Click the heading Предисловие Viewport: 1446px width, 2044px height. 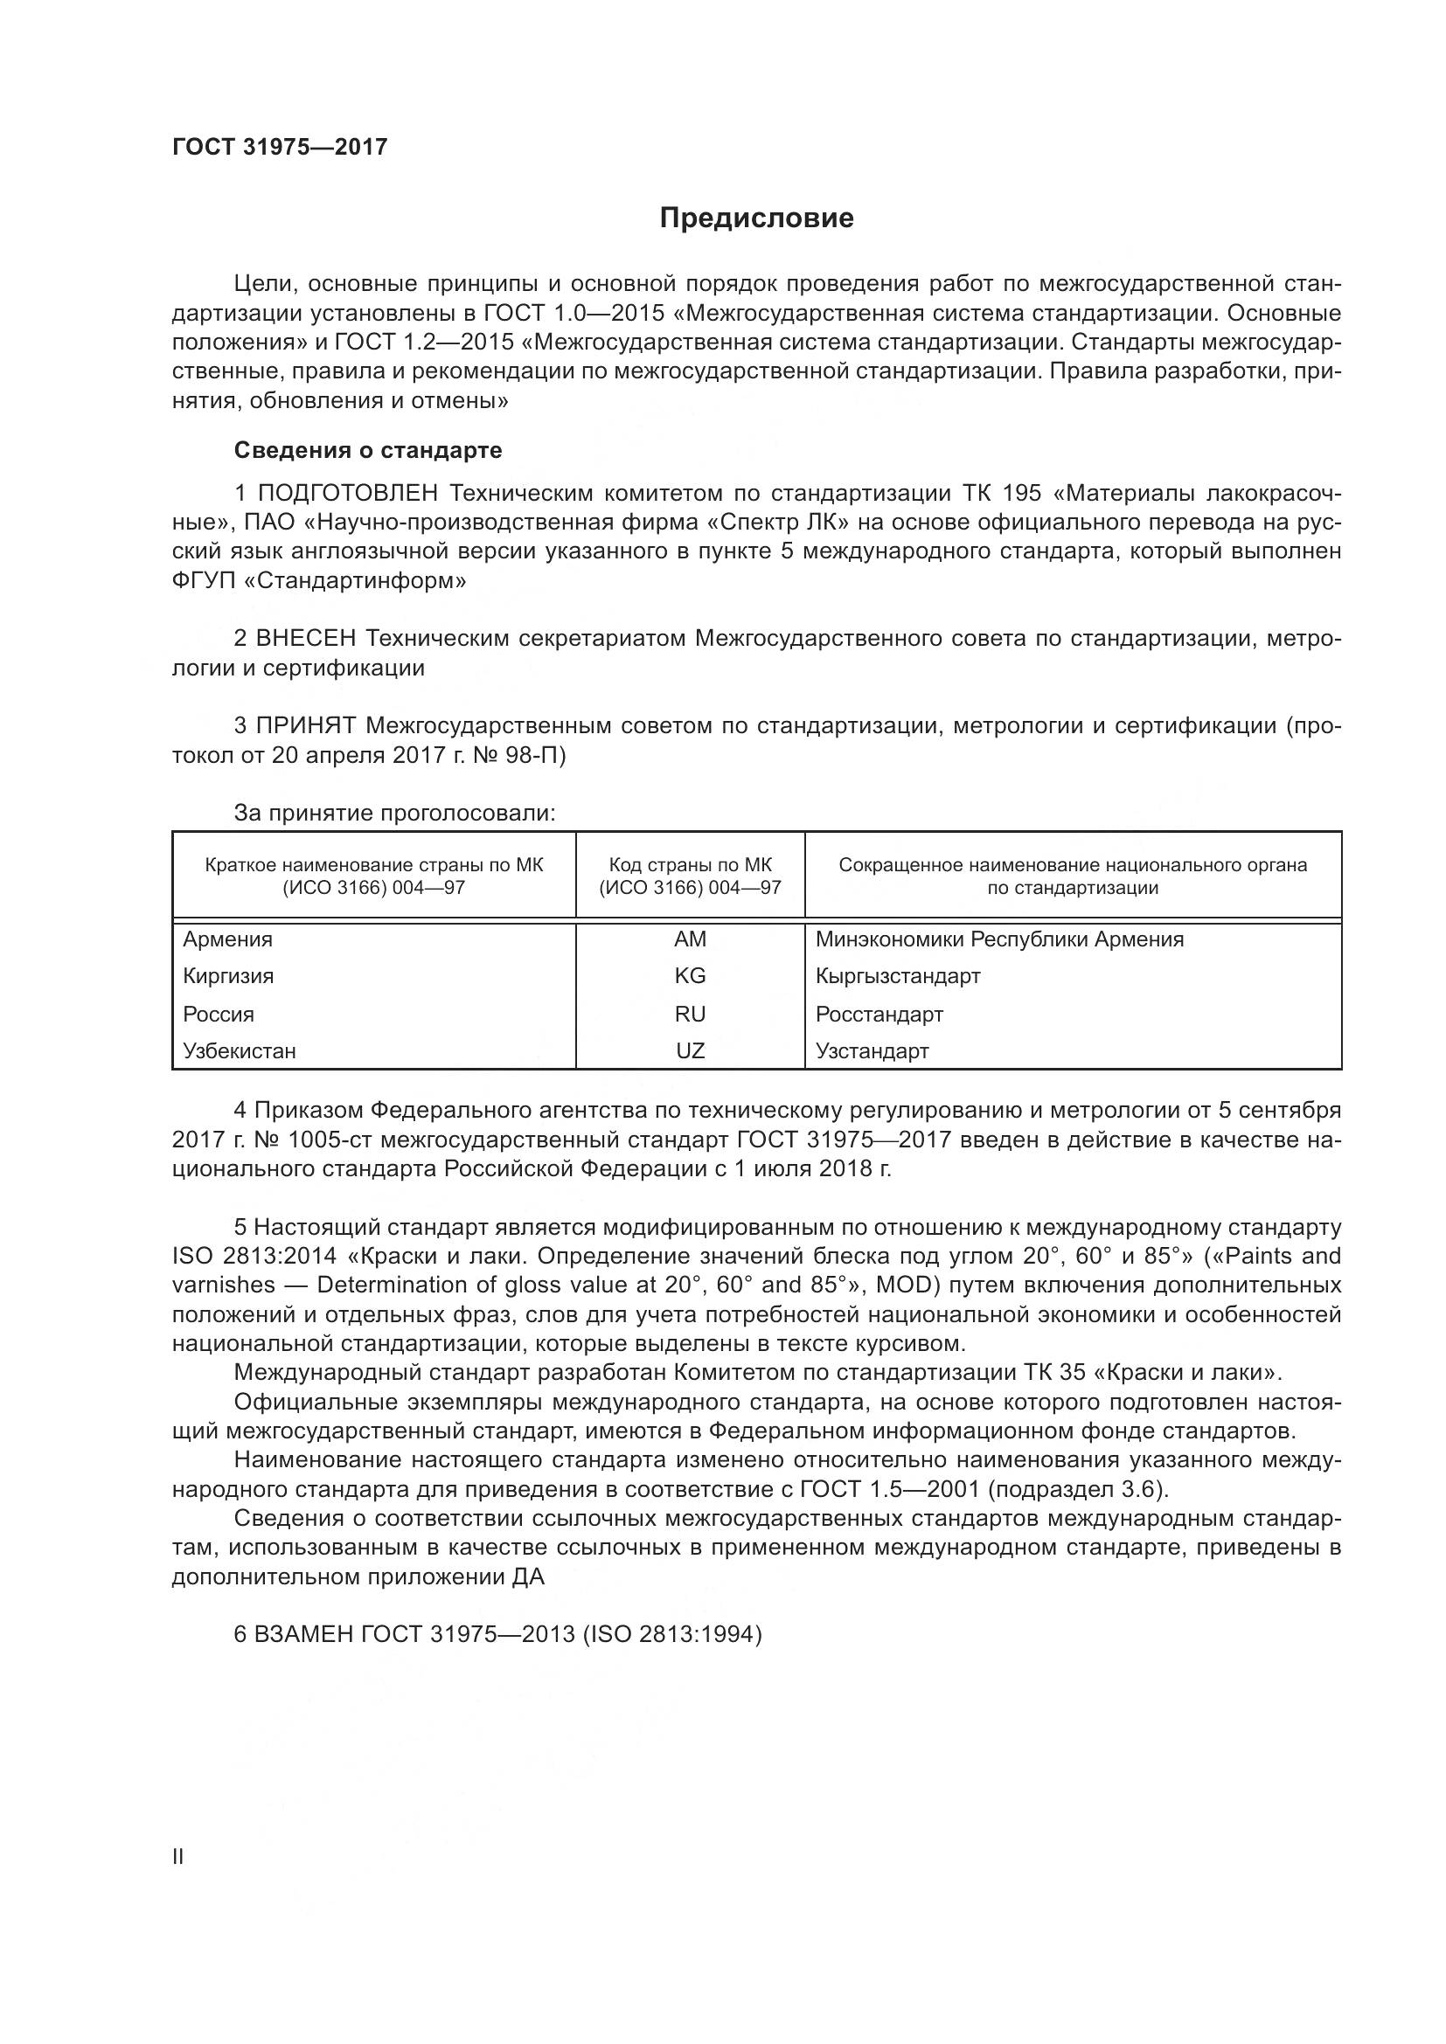[x=756, y=218]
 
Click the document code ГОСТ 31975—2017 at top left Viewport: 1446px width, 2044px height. [x=280, y=147]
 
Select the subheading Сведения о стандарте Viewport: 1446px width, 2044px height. [x=368, y=450]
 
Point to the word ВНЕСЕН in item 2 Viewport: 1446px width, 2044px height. [x=306, y=638]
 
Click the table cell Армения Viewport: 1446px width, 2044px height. [x=228, y=939]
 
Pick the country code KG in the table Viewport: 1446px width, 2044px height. [x=690, y=976]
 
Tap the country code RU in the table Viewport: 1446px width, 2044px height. [x=690, y=1014]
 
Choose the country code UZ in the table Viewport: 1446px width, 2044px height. [x=690, y=1050]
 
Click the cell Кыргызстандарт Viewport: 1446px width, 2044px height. [x=898, y=976]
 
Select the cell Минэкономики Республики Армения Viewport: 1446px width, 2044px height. [x=999, y=939]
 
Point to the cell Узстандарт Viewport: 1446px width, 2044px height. [x=872, y=1050]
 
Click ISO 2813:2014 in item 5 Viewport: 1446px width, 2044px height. [x=254, y=1256]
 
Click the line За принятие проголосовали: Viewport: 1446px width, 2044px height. [x=394, y=813]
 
